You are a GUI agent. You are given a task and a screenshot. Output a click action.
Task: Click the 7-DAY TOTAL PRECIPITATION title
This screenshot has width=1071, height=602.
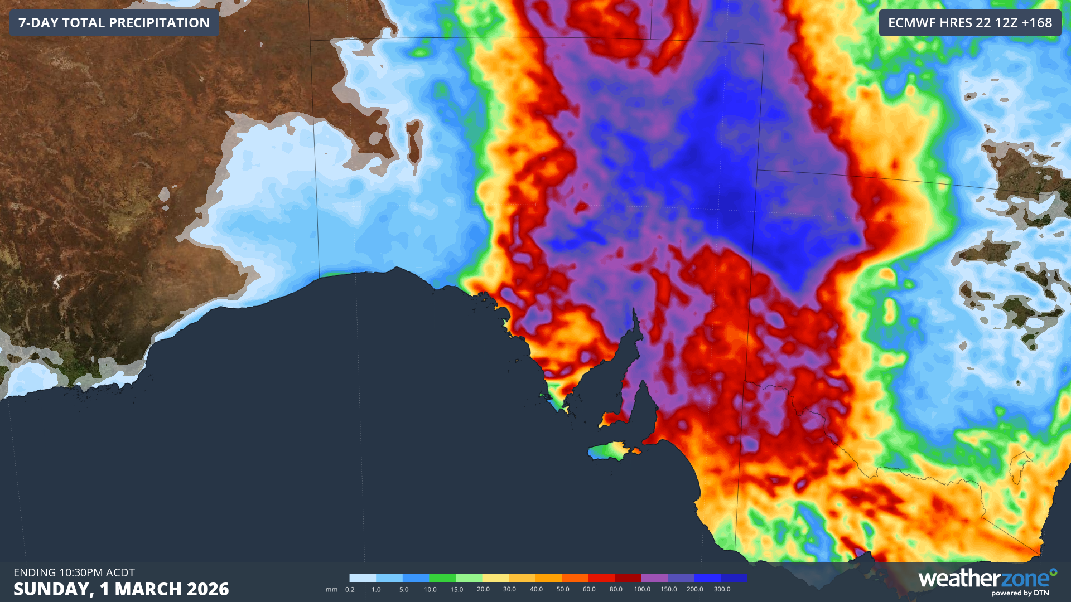tap(114, 23)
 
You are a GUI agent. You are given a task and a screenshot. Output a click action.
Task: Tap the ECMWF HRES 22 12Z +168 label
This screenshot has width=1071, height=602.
tap(969, 23)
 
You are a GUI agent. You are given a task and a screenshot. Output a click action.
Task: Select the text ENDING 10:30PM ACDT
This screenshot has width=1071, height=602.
tap(74, 572)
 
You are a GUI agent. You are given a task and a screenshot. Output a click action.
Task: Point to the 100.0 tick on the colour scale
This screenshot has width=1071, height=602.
tap(642, 589)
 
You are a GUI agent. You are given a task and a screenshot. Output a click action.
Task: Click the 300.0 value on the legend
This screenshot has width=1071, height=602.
tap(722, 589)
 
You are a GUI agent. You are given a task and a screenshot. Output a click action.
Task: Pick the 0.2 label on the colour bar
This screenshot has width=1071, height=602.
tap(350, 589)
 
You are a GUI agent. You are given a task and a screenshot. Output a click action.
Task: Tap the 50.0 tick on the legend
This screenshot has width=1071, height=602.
tap(563, 589)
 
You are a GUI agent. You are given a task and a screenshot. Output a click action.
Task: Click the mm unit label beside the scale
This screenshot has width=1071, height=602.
tap(331, 589)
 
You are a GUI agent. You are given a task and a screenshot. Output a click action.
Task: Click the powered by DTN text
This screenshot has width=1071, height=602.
tap(1020, 593)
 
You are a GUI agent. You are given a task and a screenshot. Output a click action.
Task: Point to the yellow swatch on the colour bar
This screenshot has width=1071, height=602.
tap(495, 577)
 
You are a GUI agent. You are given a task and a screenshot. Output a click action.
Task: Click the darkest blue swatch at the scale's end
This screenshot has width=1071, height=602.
tap(734, 577)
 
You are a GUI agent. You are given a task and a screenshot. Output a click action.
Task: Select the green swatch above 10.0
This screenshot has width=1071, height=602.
tap(442, 577)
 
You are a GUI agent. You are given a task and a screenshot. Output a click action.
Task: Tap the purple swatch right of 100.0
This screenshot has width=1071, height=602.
tap(654, 577)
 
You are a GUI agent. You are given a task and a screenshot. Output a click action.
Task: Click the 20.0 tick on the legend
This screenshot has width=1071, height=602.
tap(483, 589)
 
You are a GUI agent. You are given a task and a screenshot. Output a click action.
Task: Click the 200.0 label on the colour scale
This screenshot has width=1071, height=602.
tap(695, 589)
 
